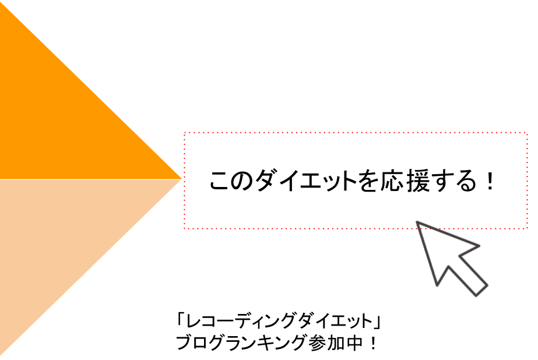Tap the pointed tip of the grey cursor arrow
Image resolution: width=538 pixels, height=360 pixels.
pos(417,222)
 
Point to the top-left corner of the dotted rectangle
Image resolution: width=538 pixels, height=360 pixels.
pos(185,133)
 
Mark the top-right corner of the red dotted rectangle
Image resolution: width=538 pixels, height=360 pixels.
pos(527,133)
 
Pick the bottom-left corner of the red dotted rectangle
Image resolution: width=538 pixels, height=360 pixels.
pos(185,228)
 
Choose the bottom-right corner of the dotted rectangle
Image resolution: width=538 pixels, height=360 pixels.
pos(527,228)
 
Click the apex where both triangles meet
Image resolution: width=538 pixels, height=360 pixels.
pos(182,178)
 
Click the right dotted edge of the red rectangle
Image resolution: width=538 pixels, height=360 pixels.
pos(527,181)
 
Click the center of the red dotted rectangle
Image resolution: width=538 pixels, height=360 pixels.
pos(356,181)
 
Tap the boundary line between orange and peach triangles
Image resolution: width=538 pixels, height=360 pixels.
pos(87,179)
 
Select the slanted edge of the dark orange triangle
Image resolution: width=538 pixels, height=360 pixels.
pos(93,90)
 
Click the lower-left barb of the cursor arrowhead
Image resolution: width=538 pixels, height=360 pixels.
pos(437,285)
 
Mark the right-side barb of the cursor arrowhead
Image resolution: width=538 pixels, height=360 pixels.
pos(479,245)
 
